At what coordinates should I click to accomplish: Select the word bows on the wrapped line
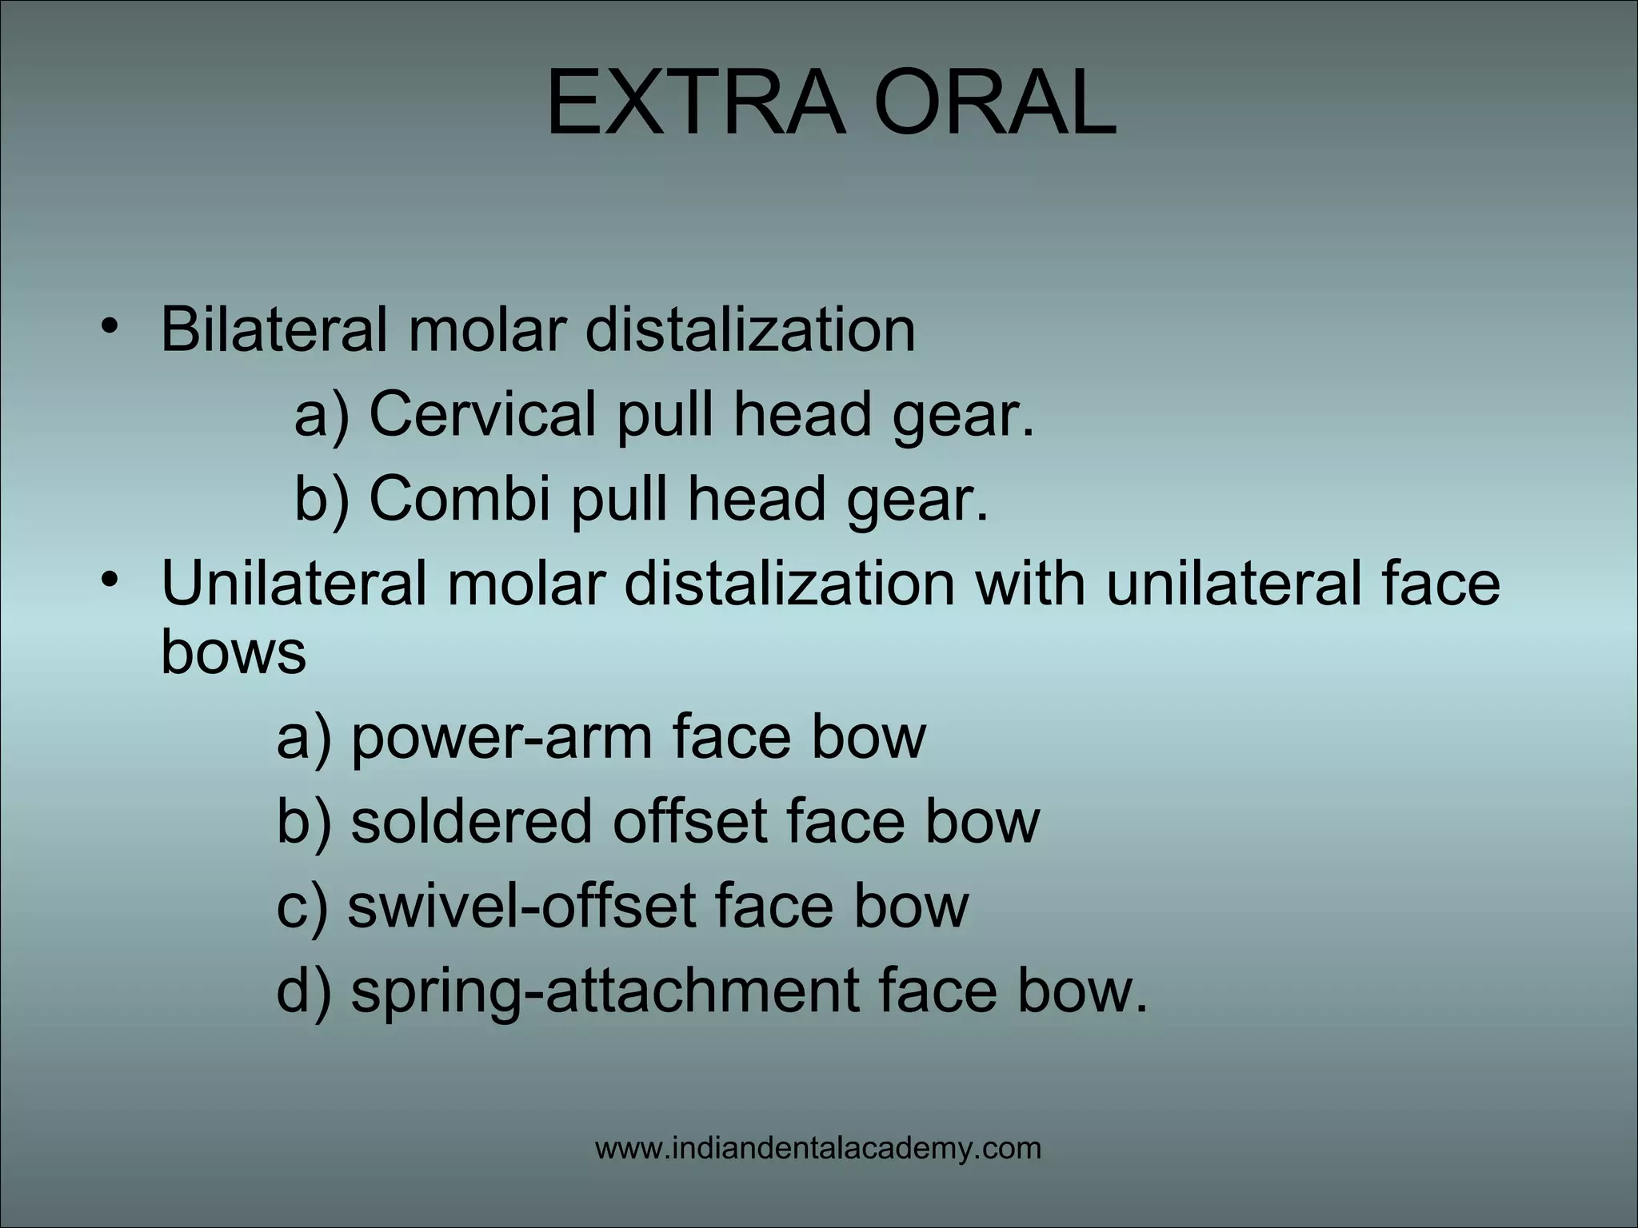coord(234,651)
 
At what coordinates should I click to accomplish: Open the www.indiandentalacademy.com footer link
coord(818,1149)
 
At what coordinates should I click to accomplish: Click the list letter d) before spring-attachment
coord(303,991)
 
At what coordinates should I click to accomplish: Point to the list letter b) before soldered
coord(303,821)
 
